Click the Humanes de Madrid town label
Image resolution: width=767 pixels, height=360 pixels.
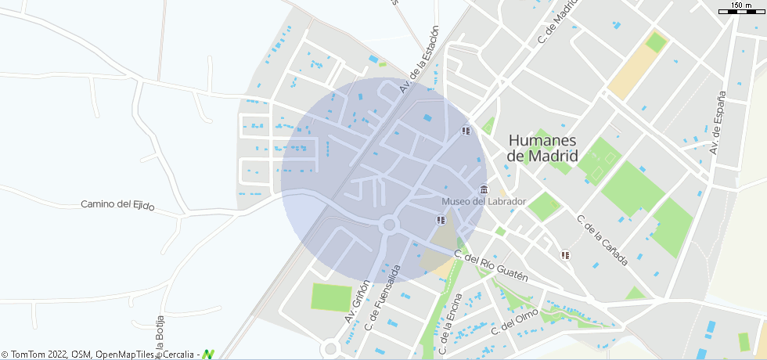[x=542, y=148]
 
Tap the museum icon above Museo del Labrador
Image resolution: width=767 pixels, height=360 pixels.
[x=484, y=190]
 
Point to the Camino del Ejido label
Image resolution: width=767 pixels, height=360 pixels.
[x=117, y=205]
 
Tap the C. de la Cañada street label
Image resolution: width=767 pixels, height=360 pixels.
[x=603, y=239]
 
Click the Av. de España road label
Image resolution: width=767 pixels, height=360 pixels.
[x=718, y=121]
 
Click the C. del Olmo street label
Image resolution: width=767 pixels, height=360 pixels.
[x=514, y=324]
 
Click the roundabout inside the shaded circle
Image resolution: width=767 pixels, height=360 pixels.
[x=388, y=226]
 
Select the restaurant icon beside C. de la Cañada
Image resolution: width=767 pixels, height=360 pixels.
[x=565, y=254]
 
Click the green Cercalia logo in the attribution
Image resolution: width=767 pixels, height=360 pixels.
[x=208, y=355]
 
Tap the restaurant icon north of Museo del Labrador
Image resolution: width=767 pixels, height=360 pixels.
[x=466, y=131]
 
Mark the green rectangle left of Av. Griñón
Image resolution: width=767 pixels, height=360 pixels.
[x=332, y=297]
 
